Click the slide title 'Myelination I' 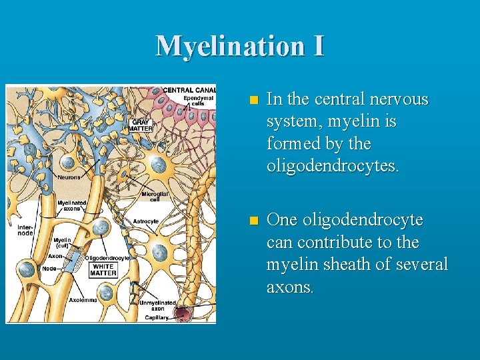240,45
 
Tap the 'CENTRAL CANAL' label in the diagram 189,90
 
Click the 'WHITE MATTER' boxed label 103,269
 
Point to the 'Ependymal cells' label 199,101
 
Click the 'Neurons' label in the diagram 69,177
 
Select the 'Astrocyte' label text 145,221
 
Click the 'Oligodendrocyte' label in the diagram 107,257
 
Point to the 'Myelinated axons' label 71,205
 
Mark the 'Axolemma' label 83,300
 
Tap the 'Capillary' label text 157,318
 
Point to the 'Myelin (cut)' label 62,243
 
